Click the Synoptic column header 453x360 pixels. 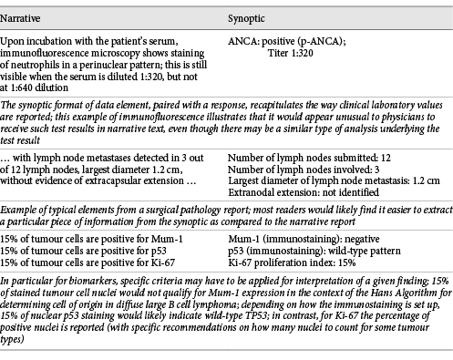(x=246, y=19)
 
